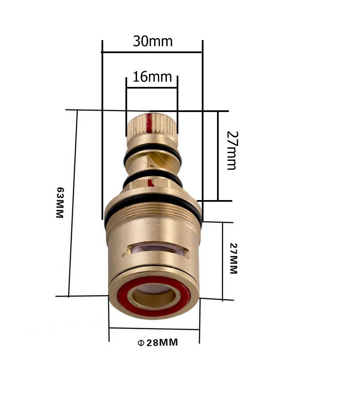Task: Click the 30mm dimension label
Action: coord(153,41)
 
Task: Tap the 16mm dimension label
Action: coord(152,77)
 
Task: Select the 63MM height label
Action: coord(60,202)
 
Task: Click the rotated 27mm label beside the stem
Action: coord(232,151)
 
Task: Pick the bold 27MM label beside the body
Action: coord(233,258)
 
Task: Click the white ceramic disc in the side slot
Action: coord(158,250)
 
